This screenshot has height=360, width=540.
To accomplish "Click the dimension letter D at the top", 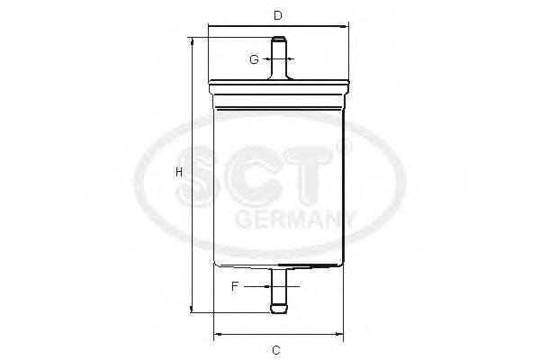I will pyautogui.click(x=278, y=15).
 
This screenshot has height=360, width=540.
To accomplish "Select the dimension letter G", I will pyautogui.click(x=255, y=59).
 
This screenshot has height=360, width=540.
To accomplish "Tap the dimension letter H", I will pyautogui.click(x=179, y=172).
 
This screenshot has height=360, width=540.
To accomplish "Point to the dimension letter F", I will pyautogui.click(x=234, y=286).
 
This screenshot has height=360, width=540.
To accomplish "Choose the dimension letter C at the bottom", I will pyautogui.click(x=277, y=349).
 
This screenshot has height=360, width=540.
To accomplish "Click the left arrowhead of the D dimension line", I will pyautogui.click(x=211, y=27).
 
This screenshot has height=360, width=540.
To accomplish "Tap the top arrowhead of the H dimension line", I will pyautogui.click(x=191, y=41).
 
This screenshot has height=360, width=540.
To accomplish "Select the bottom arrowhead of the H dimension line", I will pyautogui.click(x=191, y=310).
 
